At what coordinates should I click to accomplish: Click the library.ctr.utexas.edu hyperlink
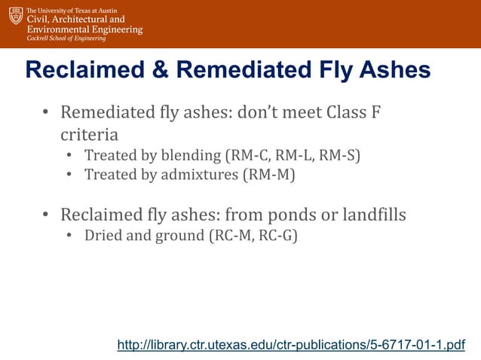tap(291, 345)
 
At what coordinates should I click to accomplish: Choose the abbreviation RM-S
tap(340, 156)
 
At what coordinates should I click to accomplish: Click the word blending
tap(187, 156)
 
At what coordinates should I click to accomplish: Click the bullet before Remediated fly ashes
tap(45, 114)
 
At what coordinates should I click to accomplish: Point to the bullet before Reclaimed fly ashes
tap(45, 215)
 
